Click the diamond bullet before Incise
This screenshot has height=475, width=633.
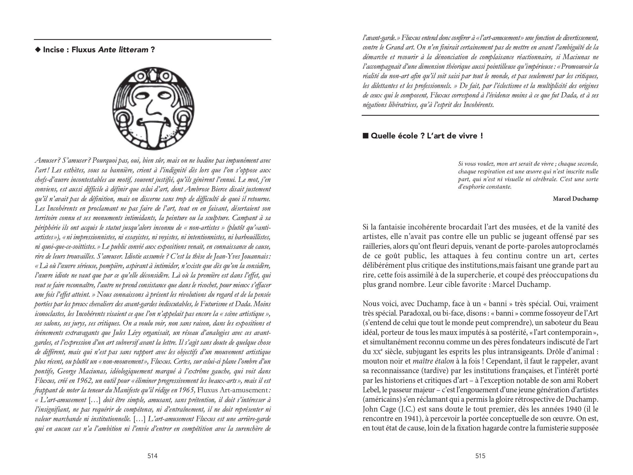click(x=38, y=50)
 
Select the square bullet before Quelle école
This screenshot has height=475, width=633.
click(x=365, y=136)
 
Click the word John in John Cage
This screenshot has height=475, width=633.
click(x=370, y=409)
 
